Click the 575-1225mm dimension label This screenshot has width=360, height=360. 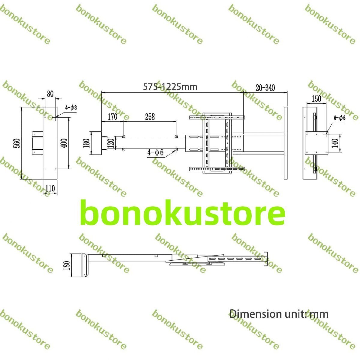pos(170,87)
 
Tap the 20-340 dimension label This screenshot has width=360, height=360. pos(265,88)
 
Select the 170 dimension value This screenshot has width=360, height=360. pos(112,116)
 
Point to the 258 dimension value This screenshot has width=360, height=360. pos(150,116)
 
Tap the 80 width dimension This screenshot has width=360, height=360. pos(50,94)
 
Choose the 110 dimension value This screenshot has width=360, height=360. pos(50,188)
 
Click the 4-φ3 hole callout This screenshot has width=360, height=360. pos(72,107)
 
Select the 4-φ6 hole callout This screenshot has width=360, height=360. pos(155,152)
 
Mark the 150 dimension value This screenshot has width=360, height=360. pos(316,98)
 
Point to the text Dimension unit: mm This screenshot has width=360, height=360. pos(279,314)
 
